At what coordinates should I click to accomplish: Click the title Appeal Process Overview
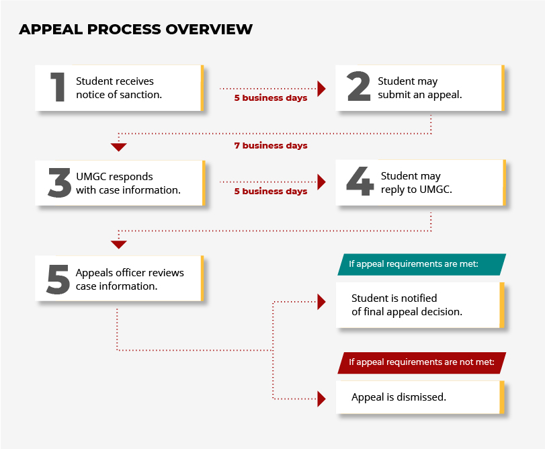coord(136,29)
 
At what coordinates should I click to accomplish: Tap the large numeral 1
coord(58,87)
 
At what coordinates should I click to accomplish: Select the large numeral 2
coord(359,86)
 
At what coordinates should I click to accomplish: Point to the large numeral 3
coord(59,182)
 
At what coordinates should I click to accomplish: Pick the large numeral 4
coord(360,181)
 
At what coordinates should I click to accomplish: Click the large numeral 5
coord(58,280)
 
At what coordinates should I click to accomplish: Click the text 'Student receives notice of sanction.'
coord(119,88)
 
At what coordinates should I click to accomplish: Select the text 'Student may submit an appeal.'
coord(420,88)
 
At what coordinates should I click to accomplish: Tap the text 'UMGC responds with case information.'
coord(128,183)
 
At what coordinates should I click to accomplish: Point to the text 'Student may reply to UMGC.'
coord(417,183)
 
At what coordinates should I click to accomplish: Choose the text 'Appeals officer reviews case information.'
coord(130,280)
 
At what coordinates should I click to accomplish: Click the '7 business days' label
coord(271,146)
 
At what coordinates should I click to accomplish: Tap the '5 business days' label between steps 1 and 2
coord(271,98)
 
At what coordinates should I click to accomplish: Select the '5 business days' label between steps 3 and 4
coord(271,192)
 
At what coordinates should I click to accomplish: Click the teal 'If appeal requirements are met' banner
coord(421,264)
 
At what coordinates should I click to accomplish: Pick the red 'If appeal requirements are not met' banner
coord(421,363)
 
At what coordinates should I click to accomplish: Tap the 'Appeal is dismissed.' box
coord(420,397)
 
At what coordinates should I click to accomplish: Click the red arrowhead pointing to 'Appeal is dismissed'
coord(321,399)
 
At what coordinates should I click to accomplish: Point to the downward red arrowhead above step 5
coord(118,245)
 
